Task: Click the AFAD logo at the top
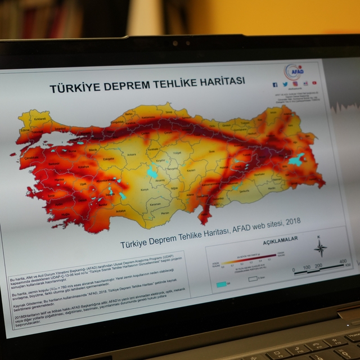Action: (294, 72)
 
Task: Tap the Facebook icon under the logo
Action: (275, 85)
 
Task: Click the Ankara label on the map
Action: (132, 154)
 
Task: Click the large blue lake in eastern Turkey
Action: (296, 159)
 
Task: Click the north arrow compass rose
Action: (320, 247)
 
